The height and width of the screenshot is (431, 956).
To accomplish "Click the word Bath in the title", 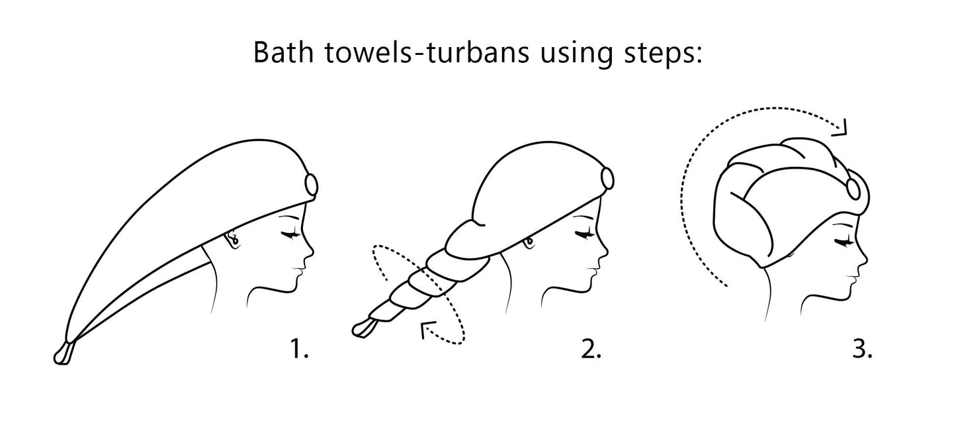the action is (x=283, y=52).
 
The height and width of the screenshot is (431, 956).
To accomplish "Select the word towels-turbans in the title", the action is (x=427, y=52).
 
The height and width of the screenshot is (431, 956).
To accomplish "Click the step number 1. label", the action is (x=299, y=348).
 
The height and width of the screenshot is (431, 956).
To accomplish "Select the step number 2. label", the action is (x=591, y=348).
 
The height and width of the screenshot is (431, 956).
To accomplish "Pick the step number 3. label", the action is (x=862, y=348).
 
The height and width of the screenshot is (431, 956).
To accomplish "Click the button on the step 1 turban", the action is (x=312, y=185).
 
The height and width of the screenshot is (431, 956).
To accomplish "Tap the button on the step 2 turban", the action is (x=607, y=178).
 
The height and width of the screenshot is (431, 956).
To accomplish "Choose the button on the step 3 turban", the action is (x=854, y=189).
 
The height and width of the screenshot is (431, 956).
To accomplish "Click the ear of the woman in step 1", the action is (x=234, y=238).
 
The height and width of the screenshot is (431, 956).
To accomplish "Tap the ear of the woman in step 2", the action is (x=529, y=242).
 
